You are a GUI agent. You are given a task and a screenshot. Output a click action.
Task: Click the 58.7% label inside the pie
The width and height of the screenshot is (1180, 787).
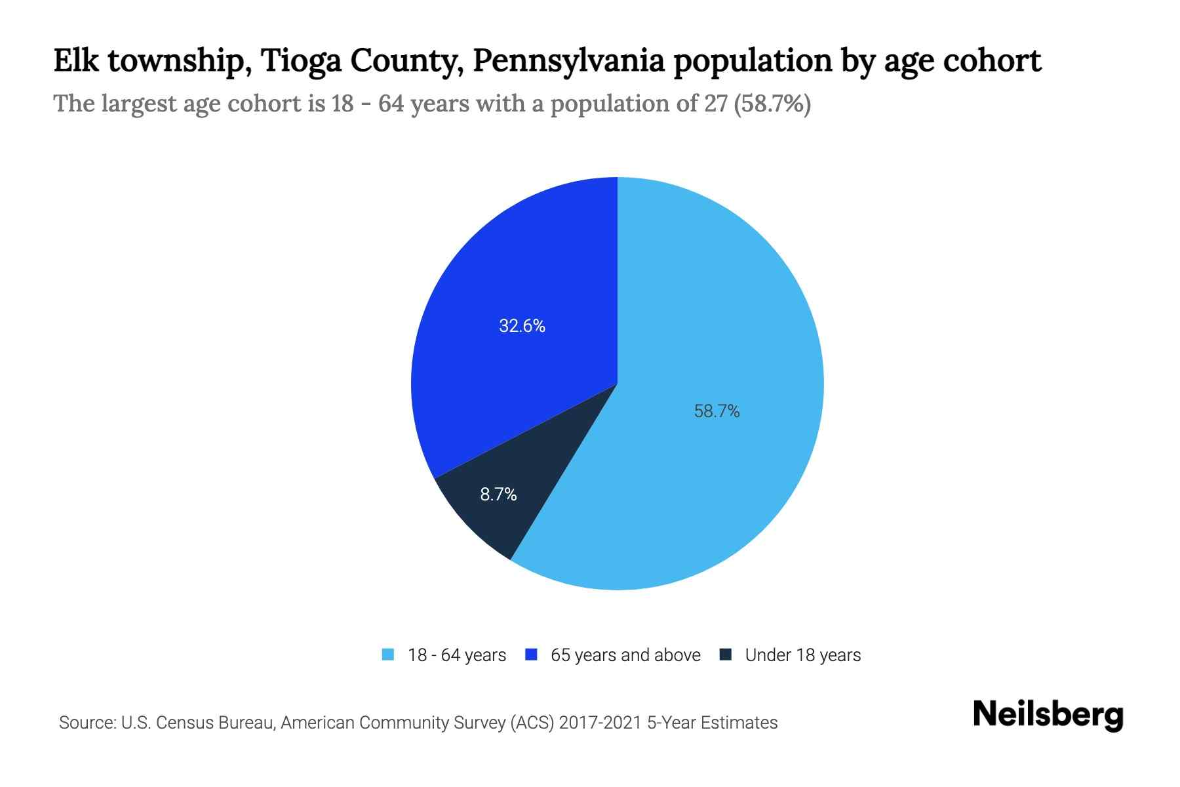pyautogui.click(x=717, y=411)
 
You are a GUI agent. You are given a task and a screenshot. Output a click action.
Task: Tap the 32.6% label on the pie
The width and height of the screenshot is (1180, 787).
pyautogui.click(x=522, y=326)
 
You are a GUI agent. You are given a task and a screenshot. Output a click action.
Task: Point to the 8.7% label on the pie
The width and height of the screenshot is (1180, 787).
pyautogui.click(x=498, y=494)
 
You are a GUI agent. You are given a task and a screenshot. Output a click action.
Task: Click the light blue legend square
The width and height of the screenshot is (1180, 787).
pyautogui.click(x=388, y=655)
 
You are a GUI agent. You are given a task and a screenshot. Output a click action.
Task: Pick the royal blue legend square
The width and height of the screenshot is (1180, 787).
pyautogui.click(x=531, y=655)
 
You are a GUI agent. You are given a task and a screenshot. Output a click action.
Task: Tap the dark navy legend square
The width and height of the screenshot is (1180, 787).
pyautogui.click(x=725, y=655)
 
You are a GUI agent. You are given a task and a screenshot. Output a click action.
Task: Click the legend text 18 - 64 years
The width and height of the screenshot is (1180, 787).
pyautogui.click(x=457, y=655)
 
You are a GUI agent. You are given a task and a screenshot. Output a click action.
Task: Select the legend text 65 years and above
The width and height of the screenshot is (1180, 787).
pyautogui.click(x=625, y=655)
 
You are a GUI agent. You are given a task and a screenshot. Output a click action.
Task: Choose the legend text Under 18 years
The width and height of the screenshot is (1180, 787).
pyautogui.click(x=803, y=655)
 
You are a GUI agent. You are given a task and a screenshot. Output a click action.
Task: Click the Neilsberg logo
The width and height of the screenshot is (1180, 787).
pyautogui.click(x=1048, y=715)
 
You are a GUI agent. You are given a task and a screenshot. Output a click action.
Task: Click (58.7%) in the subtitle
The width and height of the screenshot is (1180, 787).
pyautogui.click(x=772, y=104)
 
